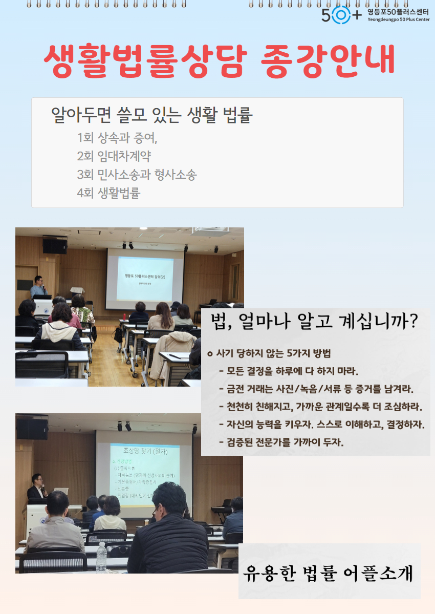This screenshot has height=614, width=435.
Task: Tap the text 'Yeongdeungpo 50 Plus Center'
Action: (x=398, y=19)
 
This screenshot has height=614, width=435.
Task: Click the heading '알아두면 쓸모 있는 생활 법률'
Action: (x=152, y=116)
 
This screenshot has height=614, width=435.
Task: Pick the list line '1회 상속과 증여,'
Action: (x=117, y=138)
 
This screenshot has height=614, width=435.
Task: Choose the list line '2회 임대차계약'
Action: (x=114, y=156)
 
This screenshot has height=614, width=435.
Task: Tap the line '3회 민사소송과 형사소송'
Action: (x=137, y=175)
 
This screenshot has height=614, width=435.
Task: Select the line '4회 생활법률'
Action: (x=108, y=193)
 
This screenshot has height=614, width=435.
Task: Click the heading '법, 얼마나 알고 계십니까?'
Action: (x=315, y=322)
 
